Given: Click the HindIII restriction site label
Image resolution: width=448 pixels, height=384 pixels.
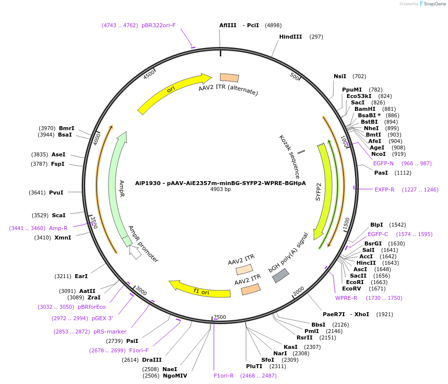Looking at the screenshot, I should [290, 37].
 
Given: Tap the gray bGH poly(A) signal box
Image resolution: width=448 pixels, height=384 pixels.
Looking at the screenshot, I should [281, 276].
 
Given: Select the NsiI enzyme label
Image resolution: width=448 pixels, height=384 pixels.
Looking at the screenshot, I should [340, 76].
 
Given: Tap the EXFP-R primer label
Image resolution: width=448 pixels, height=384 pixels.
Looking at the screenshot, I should [384, 190].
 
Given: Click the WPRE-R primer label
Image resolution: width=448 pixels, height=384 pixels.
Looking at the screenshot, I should [346, 298].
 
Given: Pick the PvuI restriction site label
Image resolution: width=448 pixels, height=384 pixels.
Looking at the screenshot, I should [56, 192].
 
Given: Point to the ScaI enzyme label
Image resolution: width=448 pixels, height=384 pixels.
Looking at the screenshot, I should [59, 215].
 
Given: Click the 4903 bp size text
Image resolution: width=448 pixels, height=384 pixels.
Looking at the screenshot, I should [220, 189].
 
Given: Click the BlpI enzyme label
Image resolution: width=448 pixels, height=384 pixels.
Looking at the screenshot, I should [377, 225].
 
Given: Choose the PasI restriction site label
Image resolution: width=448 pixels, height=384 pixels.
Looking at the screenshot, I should [381, 173].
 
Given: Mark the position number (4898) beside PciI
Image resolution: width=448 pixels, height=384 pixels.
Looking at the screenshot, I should [273, 25].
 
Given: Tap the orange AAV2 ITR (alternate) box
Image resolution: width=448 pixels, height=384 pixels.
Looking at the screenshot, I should [229, 78].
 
